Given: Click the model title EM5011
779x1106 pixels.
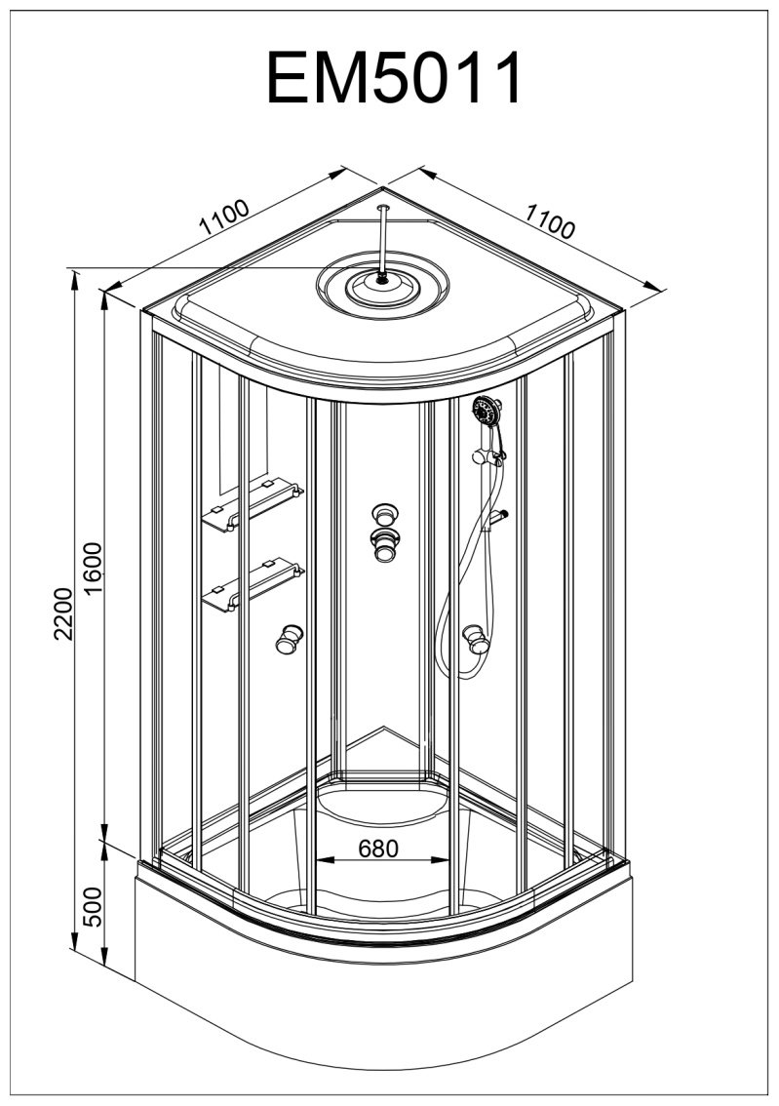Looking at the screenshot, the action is click(x=395, y=78).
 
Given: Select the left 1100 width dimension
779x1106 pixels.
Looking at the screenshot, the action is click(x=224, y=217).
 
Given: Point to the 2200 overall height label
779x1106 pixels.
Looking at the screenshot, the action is click(x=63, y=612).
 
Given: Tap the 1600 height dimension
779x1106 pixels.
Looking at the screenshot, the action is click(x=93, y=569).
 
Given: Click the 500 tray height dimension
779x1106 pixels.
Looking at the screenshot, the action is click(x=93, y=906).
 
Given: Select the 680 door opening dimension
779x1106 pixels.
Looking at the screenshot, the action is click(x=378, y=849).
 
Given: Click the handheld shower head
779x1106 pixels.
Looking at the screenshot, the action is click(x=487, y=412).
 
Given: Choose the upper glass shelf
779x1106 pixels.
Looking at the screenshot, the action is click(x=253, y=505).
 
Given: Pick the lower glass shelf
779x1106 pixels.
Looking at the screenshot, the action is click(x=253, y=585).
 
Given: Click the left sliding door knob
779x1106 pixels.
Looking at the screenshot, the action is click(x=289, y=639).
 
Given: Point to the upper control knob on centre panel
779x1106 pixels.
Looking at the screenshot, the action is click(x=383, y=514).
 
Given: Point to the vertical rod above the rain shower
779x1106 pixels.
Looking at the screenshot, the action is click(x=383, y=241).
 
